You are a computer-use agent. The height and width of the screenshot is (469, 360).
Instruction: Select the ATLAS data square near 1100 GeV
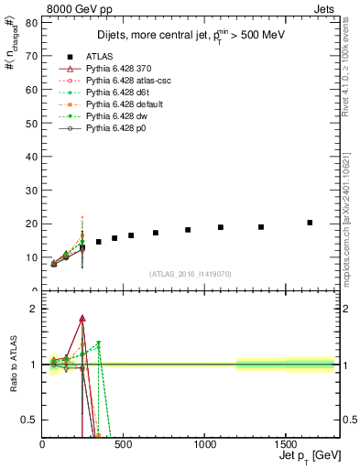click(221, 227)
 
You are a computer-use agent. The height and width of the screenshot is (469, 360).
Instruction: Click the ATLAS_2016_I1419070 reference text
click(191, 273)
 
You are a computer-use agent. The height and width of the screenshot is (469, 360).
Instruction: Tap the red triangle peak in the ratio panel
click(82, 319)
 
